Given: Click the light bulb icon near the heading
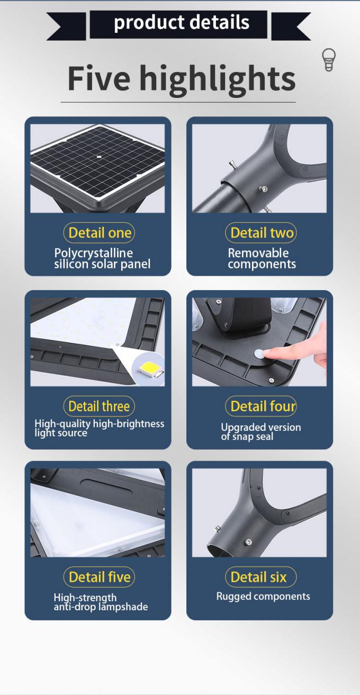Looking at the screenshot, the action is tap(329, 60).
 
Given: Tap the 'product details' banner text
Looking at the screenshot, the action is tap(182, 22).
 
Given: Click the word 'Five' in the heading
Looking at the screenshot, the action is tap(98, 78).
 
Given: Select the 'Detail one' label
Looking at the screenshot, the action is tap(100, 233).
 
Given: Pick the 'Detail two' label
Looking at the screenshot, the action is tap(262, 233).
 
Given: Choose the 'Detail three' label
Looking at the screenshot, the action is tap(100, 406).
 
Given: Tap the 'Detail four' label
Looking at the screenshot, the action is tap(262, 406).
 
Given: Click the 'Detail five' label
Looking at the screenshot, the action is tap(100, 577).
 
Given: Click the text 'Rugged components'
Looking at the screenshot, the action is tap(263, 597).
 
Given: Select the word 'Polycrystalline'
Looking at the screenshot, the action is tap(93, 253).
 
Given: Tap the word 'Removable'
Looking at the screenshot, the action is tap(258, 253).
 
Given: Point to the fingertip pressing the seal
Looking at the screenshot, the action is tap(269, 351).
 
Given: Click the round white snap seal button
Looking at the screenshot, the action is tap(258, 353).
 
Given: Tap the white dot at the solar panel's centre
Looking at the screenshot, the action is tap(100, 157).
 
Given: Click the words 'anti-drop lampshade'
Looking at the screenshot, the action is tap(101, 607).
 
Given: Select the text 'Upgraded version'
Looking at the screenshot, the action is tap(261, 428).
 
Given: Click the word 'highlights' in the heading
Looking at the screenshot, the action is tap(217, 79).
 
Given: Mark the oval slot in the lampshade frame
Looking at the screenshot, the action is tap(105, 484).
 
